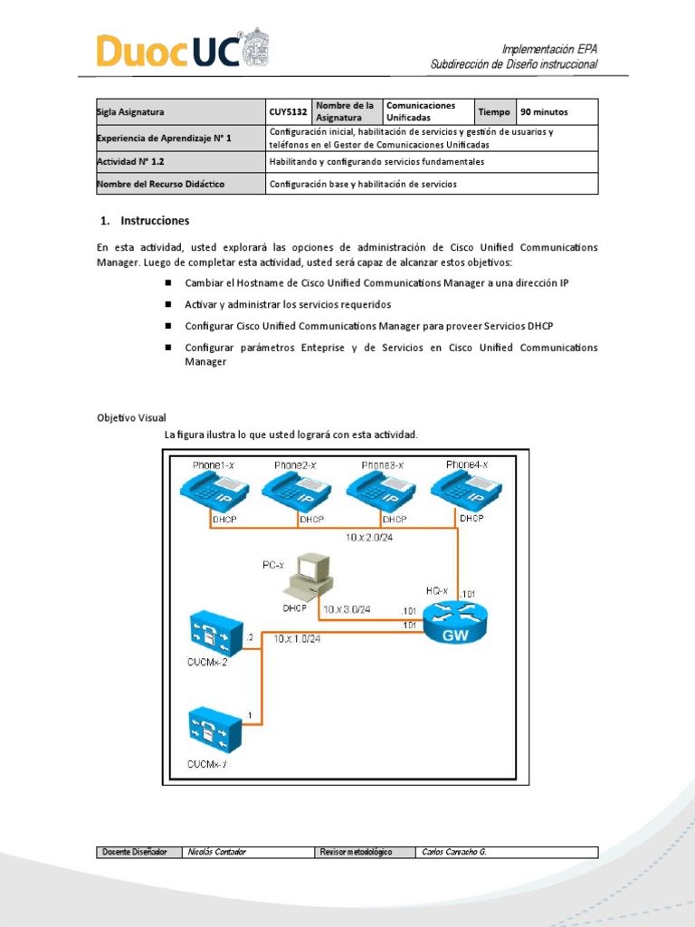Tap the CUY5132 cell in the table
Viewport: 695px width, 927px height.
(x=288, y=112)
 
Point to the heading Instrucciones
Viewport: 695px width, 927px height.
(x=155, y=220)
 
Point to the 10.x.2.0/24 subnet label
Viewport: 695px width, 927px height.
(x=370, y=538)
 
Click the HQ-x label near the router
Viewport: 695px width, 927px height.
(x=438, y=589)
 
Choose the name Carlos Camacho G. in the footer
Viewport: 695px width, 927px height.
(x=454, y=852)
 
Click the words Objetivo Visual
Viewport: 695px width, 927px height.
(x=131, y=418)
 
